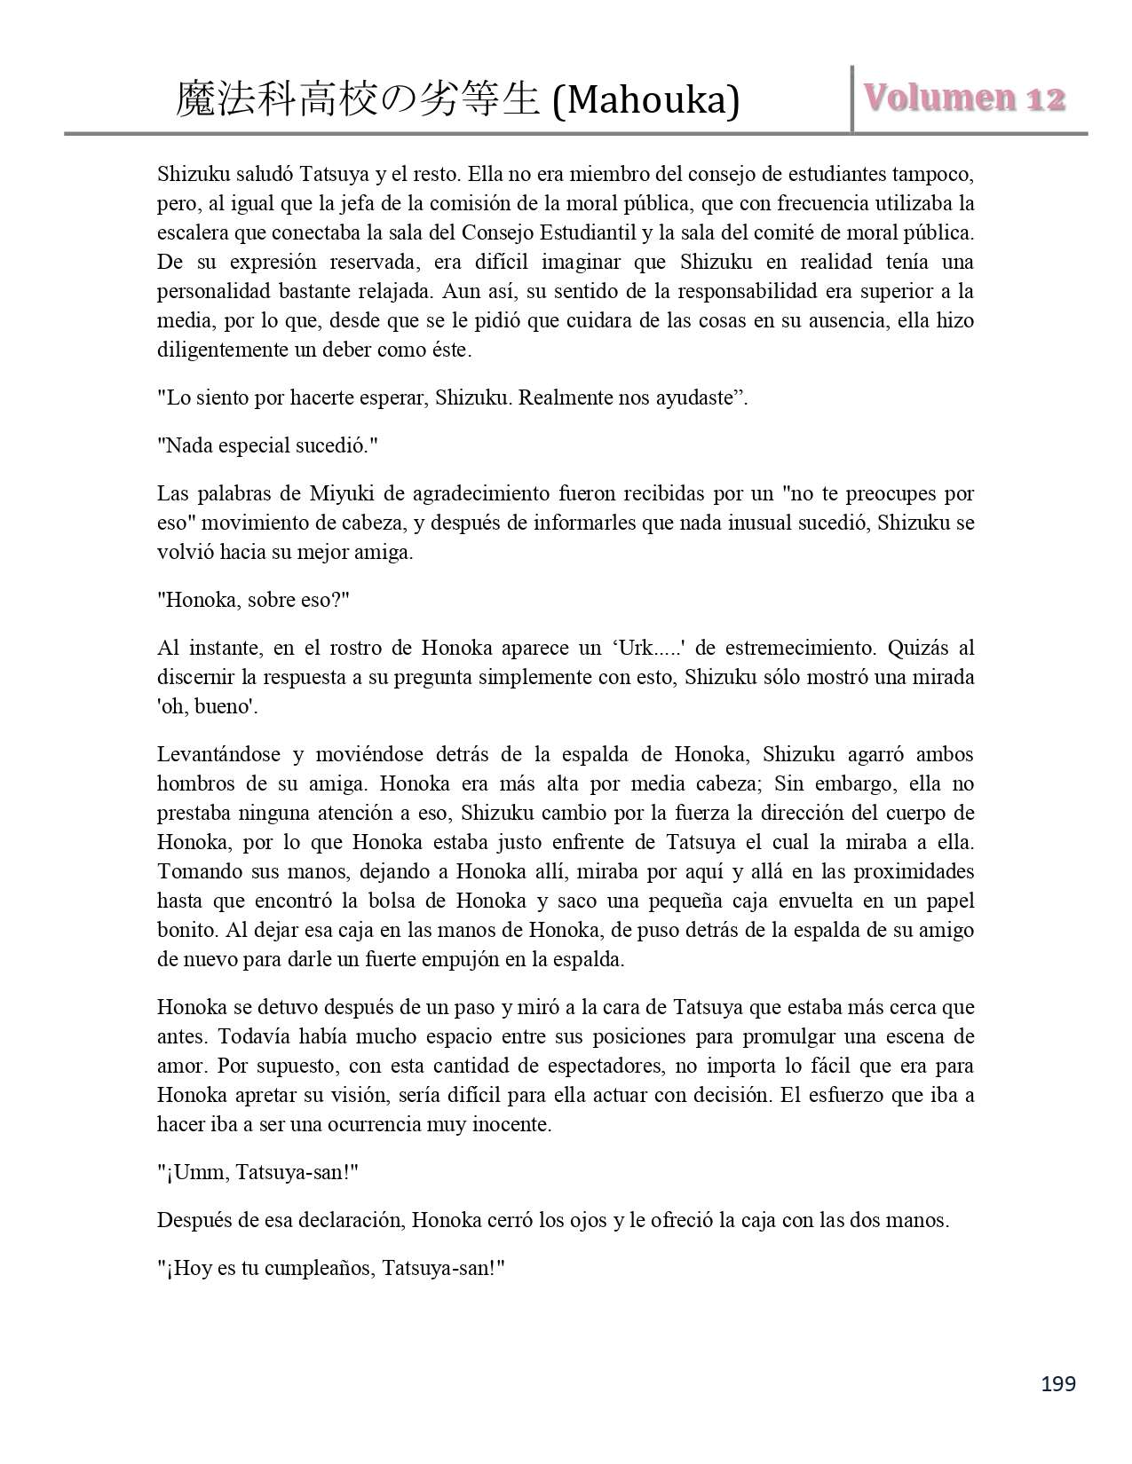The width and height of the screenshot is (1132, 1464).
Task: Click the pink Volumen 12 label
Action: click(965, 98)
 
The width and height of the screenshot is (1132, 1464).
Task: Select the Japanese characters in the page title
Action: click(357, 100)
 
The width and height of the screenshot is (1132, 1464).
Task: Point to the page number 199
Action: click(1059, 1383)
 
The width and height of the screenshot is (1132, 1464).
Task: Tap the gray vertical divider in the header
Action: click(852, 98)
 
